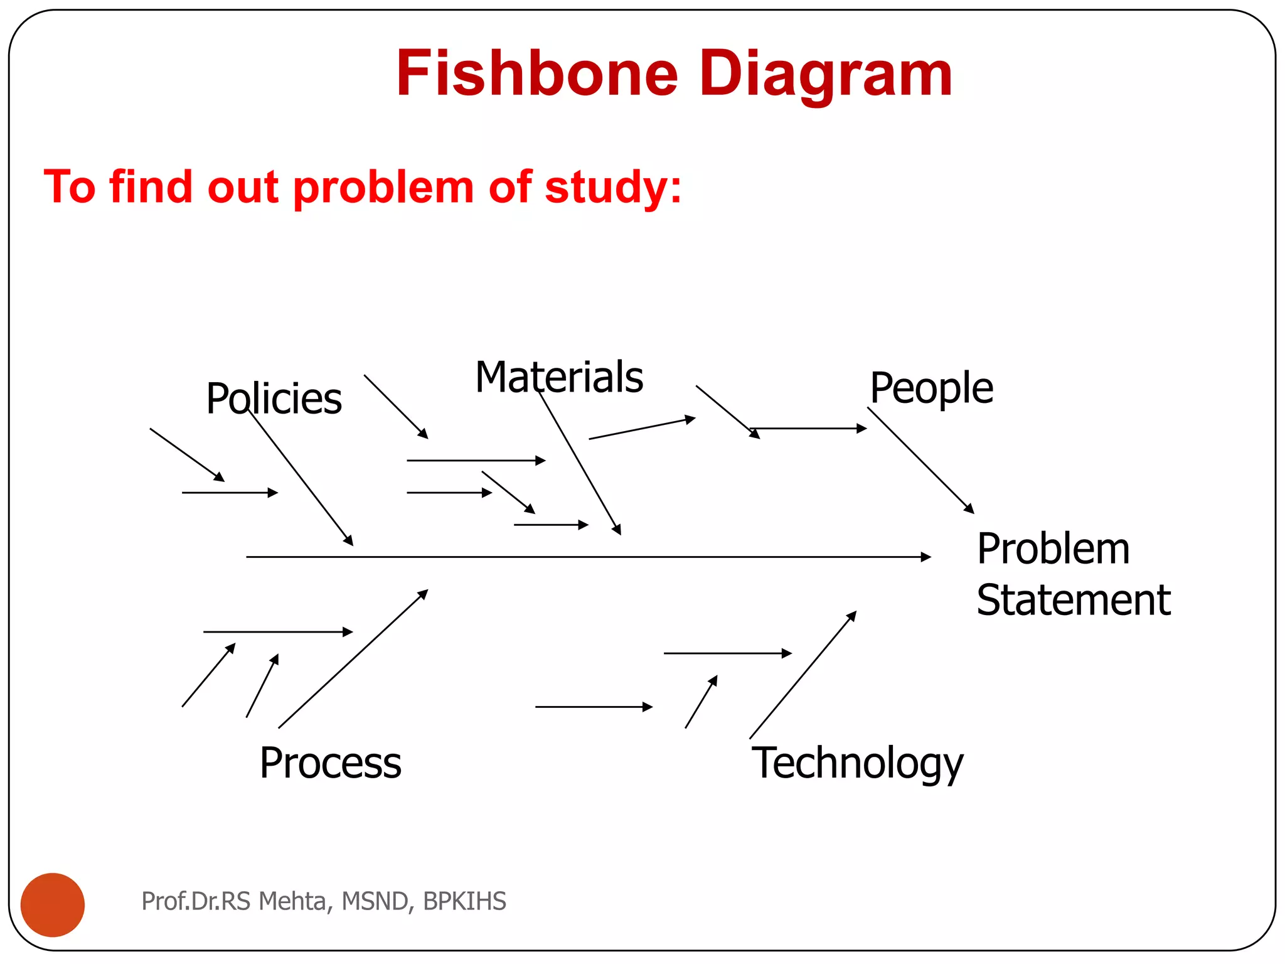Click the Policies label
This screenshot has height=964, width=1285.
274,399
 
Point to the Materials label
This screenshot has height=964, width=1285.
559,377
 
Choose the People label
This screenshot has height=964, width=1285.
931,388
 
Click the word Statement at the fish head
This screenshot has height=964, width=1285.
1073,600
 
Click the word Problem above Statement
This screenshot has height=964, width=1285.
1053,549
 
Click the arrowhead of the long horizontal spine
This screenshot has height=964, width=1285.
926,557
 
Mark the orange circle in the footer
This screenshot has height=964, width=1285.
53,904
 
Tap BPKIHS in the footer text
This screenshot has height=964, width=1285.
464,901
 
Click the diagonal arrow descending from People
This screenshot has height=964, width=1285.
920,460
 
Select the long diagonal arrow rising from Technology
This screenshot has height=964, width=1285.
802,675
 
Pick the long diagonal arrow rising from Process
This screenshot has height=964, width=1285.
353,659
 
